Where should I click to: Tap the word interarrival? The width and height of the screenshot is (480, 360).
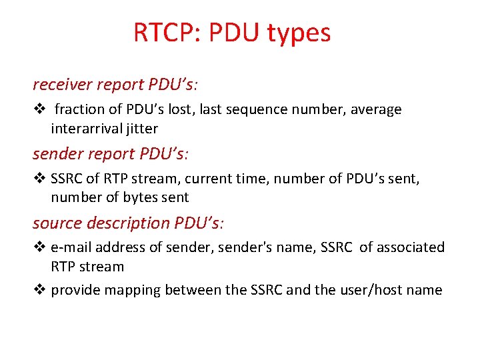(83, 128)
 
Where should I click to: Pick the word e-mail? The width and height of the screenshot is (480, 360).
(71, 247)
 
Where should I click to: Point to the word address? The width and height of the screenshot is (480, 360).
(118, 247)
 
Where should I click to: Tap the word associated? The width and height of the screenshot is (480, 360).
(411, 247)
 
